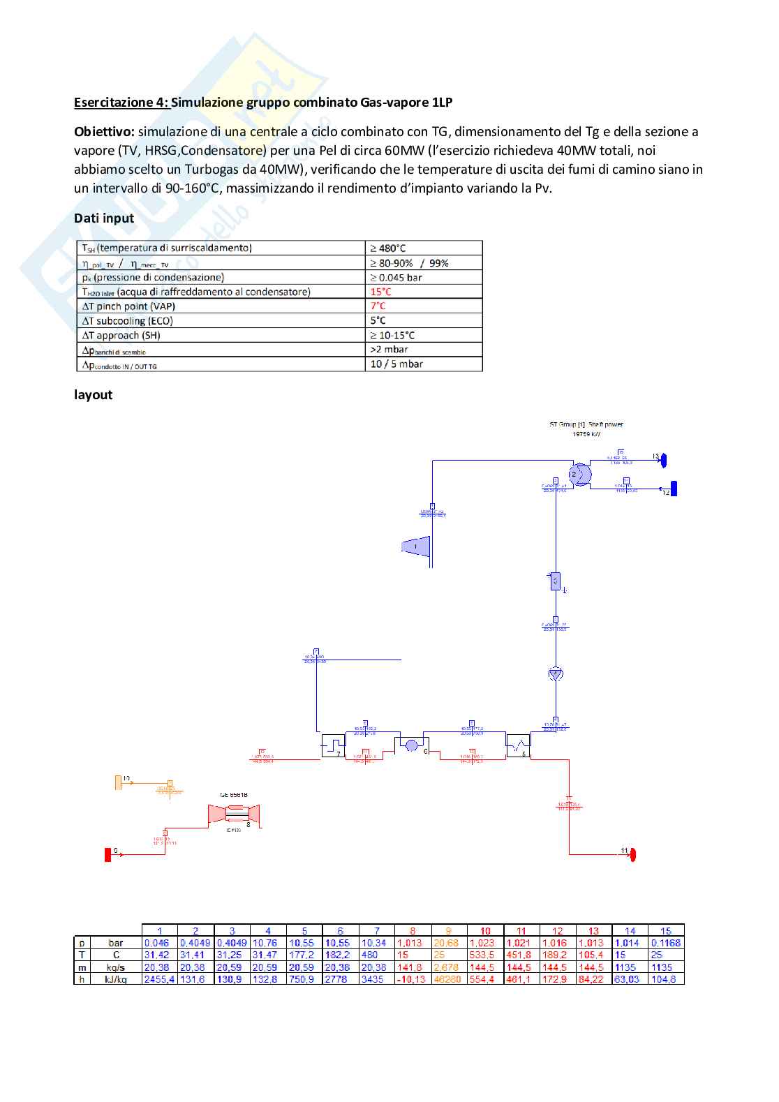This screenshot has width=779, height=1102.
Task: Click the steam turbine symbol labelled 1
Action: coord(416,546)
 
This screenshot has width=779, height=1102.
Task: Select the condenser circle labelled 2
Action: coord(579,475)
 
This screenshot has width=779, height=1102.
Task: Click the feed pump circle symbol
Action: coord(556,673)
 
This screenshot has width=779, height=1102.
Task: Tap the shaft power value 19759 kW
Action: coord(586,434)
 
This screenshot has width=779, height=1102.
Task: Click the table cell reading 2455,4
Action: coord(159,980)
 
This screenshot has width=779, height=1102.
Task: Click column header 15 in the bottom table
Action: coord(666,930)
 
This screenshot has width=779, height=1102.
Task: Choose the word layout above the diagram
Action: coord(93,395)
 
